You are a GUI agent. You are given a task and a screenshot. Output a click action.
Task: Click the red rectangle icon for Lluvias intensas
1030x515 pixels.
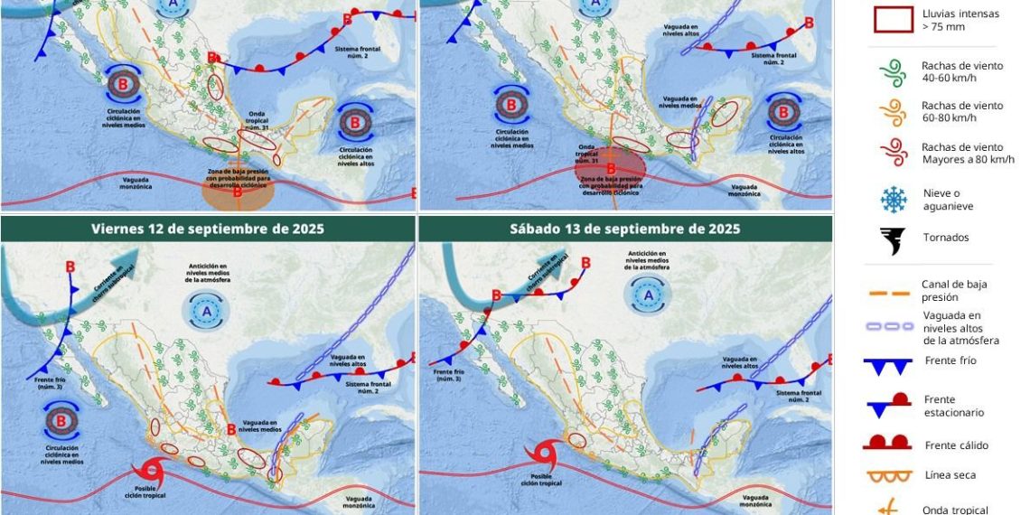[893, 19]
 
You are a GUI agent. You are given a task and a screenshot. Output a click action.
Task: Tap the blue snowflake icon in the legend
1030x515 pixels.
[893, 200]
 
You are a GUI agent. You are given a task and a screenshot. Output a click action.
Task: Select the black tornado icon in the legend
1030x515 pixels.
[893, 240]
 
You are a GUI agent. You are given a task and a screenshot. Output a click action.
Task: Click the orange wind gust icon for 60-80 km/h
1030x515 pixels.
[893, 112]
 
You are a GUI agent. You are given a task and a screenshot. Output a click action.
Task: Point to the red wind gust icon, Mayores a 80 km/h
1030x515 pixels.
[893, 153]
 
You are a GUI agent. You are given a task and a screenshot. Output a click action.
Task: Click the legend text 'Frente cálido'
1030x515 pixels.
[956, 445]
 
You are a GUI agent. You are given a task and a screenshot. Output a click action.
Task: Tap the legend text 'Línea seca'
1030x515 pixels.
[950, 475]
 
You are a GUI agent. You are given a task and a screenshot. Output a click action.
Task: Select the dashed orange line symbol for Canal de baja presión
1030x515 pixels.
[893, 293]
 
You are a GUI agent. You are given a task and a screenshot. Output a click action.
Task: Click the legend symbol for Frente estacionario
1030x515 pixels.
[893, 406]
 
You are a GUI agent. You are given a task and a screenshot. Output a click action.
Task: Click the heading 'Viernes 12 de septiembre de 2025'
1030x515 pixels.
[208, 229]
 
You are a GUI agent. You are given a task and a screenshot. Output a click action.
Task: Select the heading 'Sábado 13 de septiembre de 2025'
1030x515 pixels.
[625, 229]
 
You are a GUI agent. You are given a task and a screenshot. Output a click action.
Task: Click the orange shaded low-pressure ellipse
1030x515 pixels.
[238, 190]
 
